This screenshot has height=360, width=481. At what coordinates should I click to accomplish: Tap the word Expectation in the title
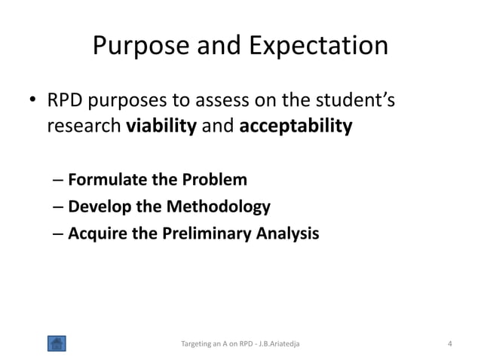coord(316,47)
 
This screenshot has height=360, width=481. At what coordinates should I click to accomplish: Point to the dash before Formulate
coord(59,181)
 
